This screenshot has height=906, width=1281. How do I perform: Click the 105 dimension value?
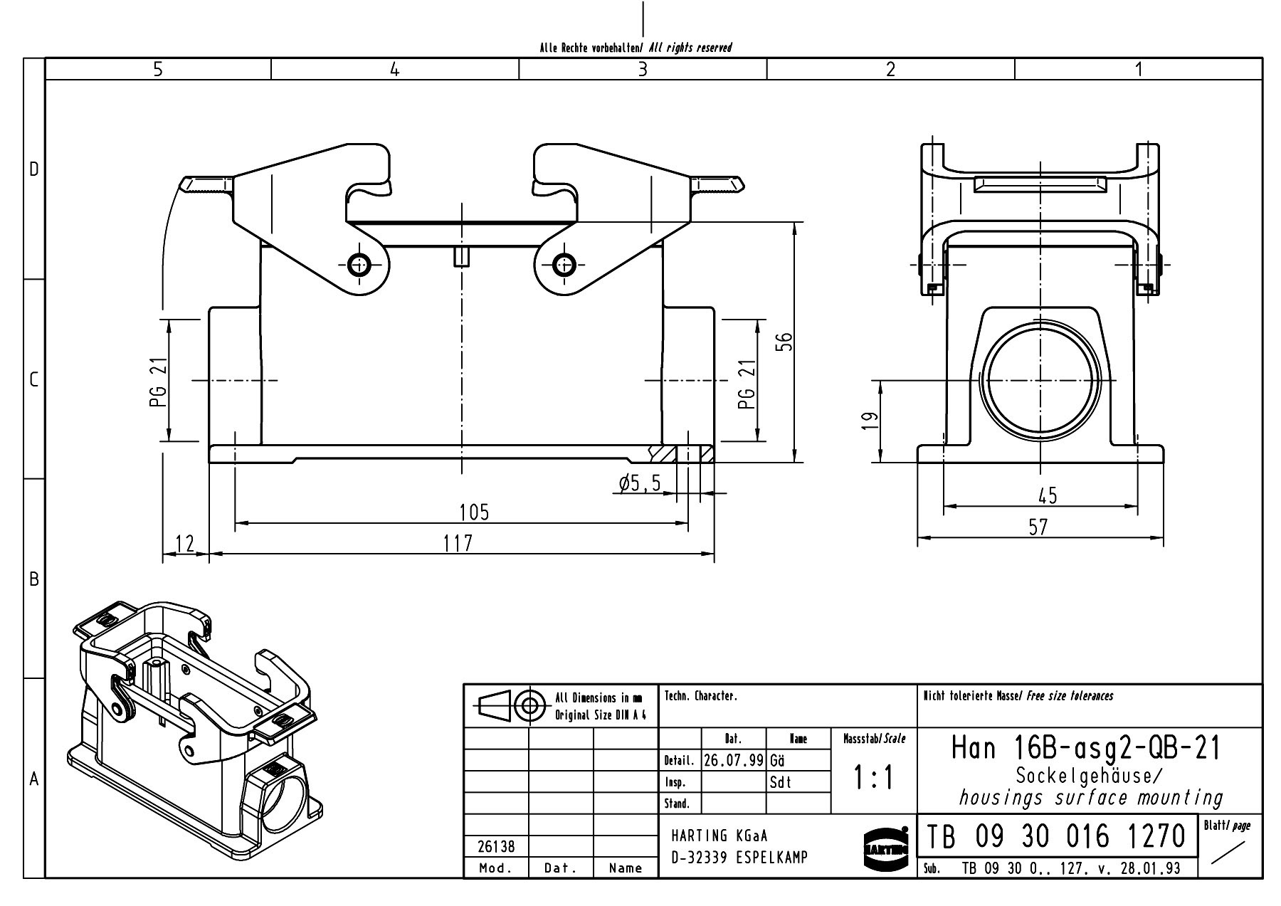point(474,512)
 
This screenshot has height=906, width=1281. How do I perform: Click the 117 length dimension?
point(457,543)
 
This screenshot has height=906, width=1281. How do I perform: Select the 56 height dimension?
point(784,342)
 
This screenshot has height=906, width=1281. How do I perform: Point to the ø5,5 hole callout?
point(640,484)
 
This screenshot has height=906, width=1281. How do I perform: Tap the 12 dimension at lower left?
point(184,544)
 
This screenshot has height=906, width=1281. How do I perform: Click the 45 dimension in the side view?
point(1048,495)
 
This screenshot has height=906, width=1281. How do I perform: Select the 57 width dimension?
point(1038,527)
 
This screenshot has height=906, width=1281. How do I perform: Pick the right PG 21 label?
point(746,384)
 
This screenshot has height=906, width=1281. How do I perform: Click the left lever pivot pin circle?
point(359,265)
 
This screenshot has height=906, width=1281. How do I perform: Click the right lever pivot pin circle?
point(564,265)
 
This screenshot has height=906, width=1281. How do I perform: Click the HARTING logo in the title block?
point(885,848)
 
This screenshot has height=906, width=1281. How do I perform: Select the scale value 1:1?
point(873,779)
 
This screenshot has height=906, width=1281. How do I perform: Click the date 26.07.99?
point(733,760)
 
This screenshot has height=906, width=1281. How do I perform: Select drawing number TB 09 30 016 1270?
point(1055,836)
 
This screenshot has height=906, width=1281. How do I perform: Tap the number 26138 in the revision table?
point(495,847)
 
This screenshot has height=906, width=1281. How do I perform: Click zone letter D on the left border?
point(33,169)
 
